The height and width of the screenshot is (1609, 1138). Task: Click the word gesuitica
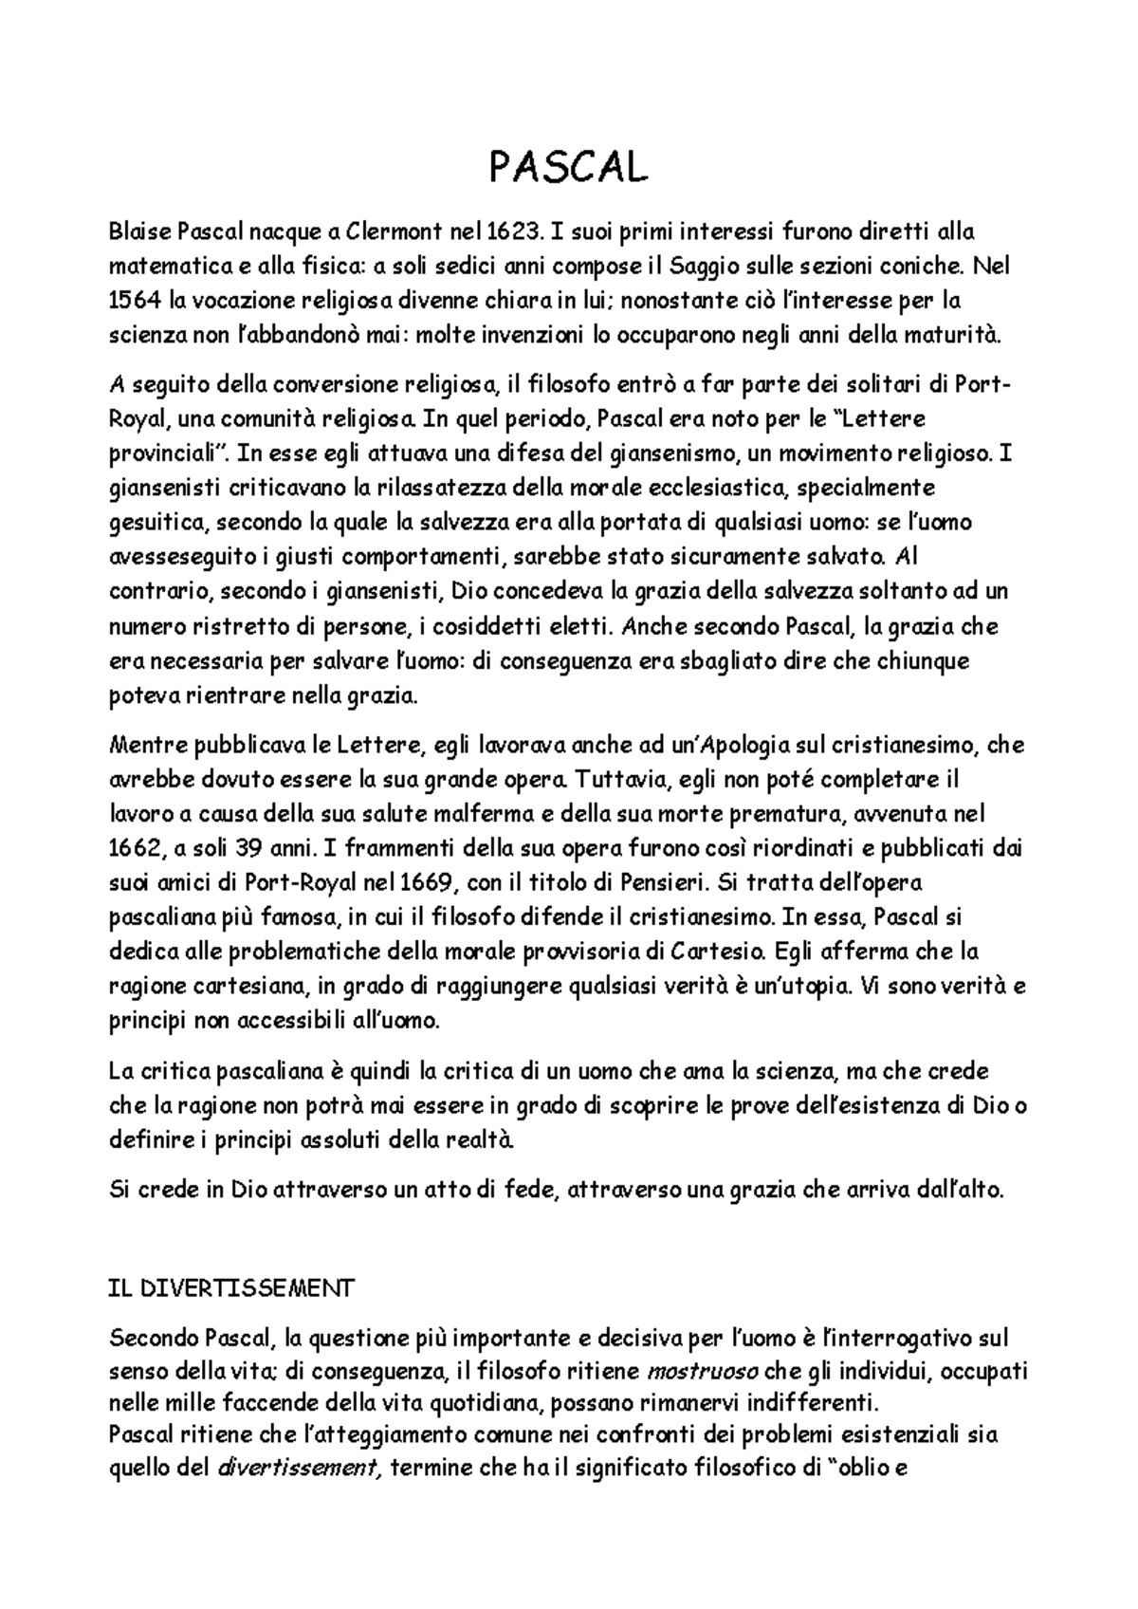pos(157,523)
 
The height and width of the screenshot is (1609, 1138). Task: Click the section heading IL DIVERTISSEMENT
pos(231,1288)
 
